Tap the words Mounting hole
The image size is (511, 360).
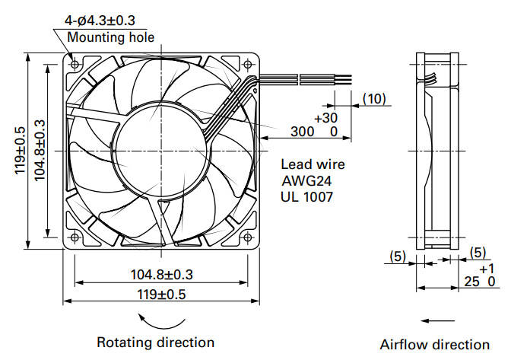pos(111,37)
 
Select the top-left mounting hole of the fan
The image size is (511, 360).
pos(75,64)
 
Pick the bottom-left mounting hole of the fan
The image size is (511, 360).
pos(75,237)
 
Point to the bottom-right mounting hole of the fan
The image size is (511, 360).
pos(248,237)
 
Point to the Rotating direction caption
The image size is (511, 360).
pos(156,342)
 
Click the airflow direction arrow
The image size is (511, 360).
pos(436,320)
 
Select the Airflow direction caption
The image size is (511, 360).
pos(435,345)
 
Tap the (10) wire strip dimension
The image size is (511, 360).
pos(374,98)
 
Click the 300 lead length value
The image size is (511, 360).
pos(302,132)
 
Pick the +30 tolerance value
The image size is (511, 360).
pos(325,117)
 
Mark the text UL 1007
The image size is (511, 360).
pos(307,196)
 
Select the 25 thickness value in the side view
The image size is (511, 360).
pos(471,282)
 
